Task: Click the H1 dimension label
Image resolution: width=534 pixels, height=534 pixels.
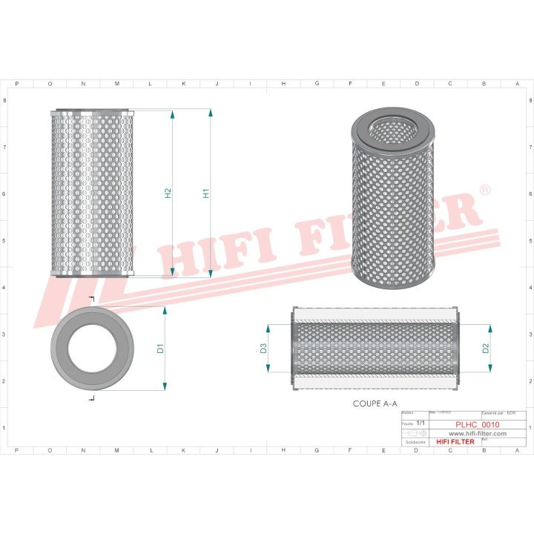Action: [206, 194]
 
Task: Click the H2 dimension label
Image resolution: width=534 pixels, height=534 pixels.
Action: [168, 194]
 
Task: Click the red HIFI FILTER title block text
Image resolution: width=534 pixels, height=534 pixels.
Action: [455, 442]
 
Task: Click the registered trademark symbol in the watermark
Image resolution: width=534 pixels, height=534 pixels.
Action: [485, 191]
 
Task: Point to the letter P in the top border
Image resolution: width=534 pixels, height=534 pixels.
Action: [16, 84]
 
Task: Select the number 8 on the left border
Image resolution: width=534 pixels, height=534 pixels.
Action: [6, 100]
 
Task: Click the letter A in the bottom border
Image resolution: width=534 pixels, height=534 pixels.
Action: [517, 450]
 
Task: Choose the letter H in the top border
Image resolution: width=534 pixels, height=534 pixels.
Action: [283, 84]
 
